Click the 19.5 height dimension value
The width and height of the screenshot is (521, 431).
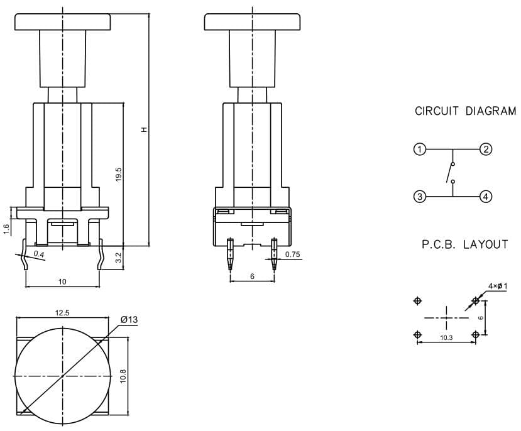pyautogui.click(x=119, y=175)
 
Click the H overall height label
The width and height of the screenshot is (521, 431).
pyautogui.click(x=144, y=130)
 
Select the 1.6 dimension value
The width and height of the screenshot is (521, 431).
pyautogui.click(x=7, y=229)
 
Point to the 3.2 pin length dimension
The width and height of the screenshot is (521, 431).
pyautogui.click(x=119, y=258)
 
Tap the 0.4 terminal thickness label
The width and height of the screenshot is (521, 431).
pyautogui.click(x=39, y=254)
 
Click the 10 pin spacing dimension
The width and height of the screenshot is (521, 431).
pyautogui.click(x=62, y=282)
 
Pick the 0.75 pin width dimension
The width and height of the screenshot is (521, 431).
pyautogui.click(x=292, y=254)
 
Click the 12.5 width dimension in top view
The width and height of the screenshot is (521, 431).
pyautogui.click(x=62, y=313)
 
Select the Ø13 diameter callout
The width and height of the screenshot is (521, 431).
pyautogui.click(x=129, y=320)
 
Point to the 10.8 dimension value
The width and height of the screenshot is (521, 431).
pyautogui.click(x=123, y=376)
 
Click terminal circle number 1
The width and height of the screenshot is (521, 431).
pyautogui.click(x=420, y=150)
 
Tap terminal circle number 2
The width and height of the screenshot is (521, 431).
pyautogui.click(x=486, y=150)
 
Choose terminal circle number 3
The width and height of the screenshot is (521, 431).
pyautogui.click(x=420, y=197)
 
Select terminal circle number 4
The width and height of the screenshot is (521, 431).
pyautogui.click(x=486, y=197)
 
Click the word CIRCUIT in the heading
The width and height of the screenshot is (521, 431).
pyautogui.click(x=437, y=111)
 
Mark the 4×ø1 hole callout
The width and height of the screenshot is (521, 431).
pyautogui.click(x=498, y=286)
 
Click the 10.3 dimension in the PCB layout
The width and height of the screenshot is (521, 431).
pyautogui.click(x=446, y=337)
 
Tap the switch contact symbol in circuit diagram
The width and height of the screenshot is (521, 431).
pyautogui.click(x=451, y=173)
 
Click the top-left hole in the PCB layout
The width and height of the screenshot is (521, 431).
pyautogui.click(x=417, y=301)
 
